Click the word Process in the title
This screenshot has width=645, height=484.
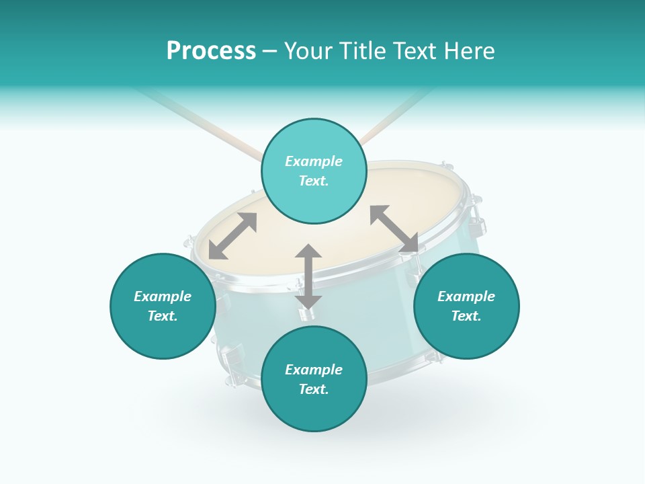click(211, 51)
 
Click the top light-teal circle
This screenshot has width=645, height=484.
click(314, 171)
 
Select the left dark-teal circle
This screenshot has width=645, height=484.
click(163, 306)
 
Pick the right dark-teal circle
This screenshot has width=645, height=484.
click(466, 306)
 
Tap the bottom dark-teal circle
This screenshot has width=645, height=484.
click(314, 379)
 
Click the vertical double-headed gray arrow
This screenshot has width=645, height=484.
click(308, 276)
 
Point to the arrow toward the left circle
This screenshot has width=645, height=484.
click(232, 236)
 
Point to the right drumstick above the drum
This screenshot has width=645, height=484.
click(396, 114)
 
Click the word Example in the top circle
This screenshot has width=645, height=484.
click(314, 161)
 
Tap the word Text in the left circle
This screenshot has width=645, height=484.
click(163, 316)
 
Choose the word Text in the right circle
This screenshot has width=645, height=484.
click(466, 316)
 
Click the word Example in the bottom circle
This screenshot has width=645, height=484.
click(314, 370)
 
